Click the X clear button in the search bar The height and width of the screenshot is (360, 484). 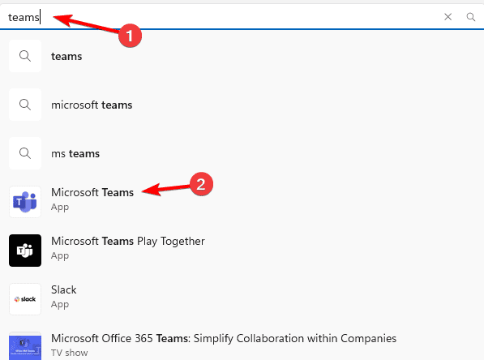(448, 17)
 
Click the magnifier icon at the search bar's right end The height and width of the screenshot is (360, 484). (471, 17)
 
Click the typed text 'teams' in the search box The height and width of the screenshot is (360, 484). (24, 17)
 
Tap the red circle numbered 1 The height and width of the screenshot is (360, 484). (130, 36)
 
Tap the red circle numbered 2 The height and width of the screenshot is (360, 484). (201, 184)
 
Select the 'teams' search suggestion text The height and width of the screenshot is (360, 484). (66, 56)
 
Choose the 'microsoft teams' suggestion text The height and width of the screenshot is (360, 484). (92, 105)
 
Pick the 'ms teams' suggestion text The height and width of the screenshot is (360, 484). (75, 153)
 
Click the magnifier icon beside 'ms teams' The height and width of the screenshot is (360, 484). (25, 153)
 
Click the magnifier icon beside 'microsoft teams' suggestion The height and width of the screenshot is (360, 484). (25, 105)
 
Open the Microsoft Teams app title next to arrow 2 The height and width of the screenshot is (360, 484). (92, 192)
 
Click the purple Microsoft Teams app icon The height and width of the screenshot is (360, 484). (25, 202)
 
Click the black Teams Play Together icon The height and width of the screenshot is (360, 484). (25, 251)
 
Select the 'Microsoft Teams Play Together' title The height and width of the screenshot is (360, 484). (128, 241)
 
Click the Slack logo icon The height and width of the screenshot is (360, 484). (25, 299)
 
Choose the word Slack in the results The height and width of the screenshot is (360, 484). (63, 289)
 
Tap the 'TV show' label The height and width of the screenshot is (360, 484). (70, 353)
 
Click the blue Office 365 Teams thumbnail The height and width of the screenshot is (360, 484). (25, 346)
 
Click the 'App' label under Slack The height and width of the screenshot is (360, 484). (60, 305)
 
